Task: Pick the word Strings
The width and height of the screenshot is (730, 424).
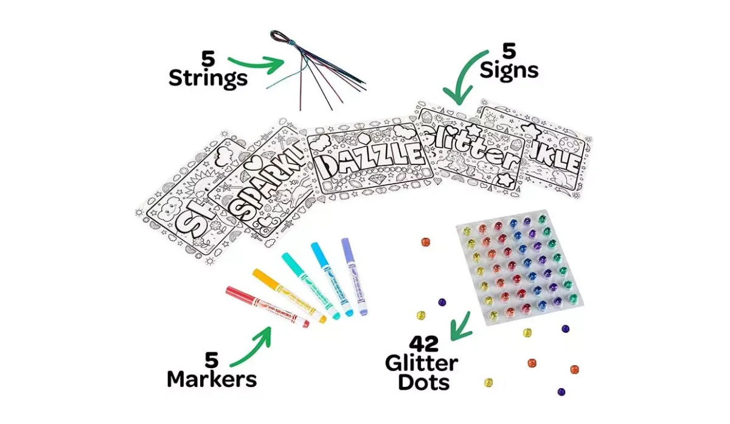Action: (208, 78)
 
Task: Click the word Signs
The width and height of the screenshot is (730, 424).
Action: (509, 71)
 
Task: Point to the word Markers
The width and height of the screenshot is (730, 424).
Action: (212, 379)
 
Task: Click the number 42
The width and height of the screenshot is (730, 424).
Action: (423, 344)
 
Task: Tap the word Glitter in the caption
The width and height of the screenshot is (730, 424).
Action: (422, 364)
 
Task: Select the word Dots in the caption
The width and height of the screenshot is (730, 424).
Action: (423, 382)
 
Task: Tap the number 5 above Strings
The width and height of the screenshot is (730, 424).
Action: (209, 60)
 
